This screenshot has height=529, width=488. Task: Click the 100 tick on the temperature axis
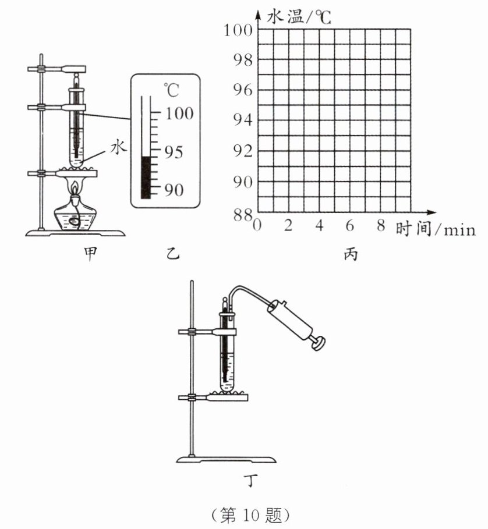coord(238,30)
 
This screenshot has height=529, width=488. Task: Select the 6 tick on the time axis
coord(350,226)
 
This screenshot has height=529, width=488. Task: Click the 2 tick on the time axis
coord(288,226)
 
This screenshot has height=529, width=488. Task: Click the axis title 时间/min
coord(435,229)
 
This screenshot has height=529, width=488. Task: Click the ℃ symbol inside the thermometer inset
coord(171,90)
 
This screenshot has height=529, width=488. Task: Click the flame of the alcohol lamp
coord(75,187)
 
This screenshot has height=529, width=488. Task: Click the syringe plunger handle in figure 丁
coord(318,343)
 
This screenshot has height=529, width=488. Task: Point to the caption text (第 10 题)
coord(252,515)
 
